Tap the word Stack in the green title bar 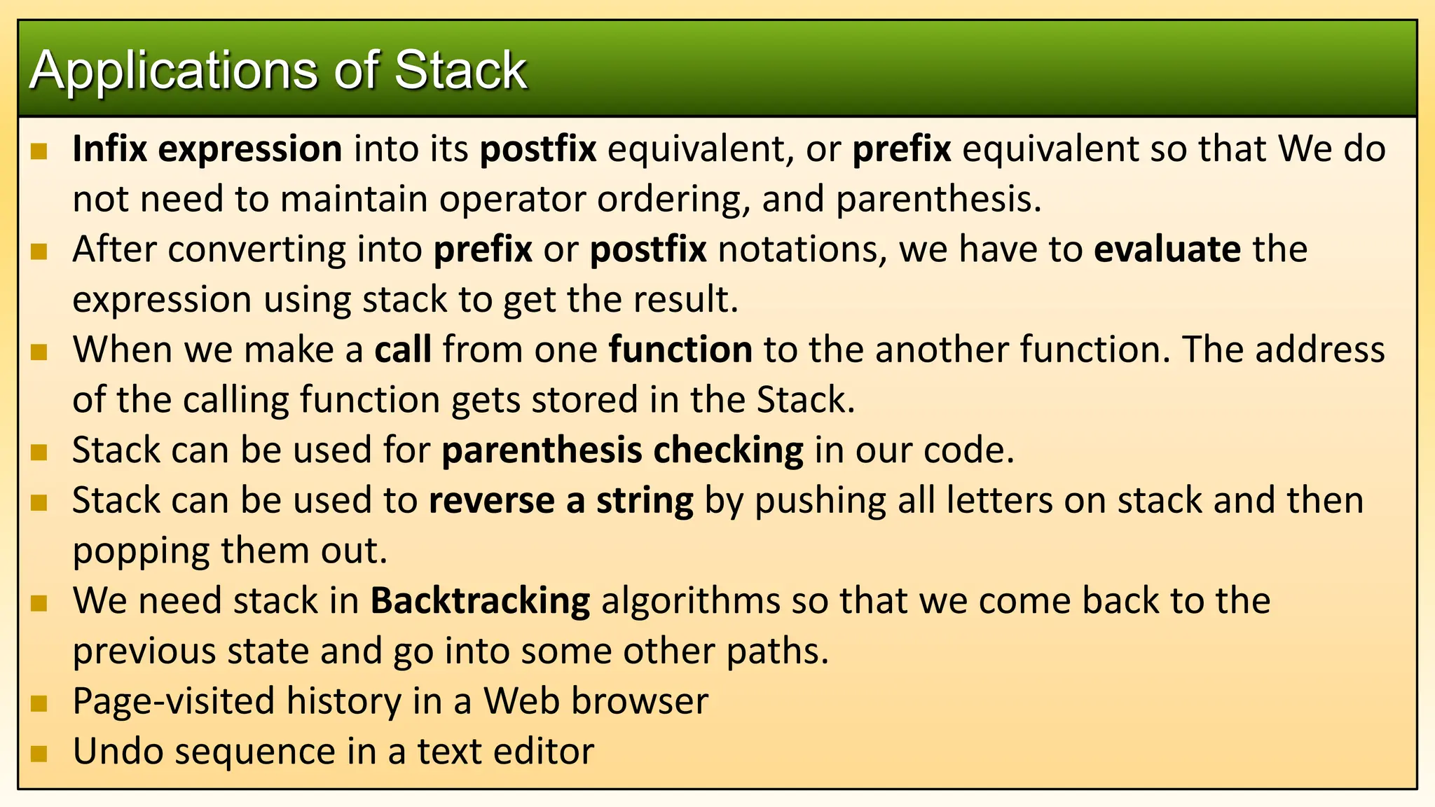tap(460, 70)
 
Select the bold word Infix tap(110, 149)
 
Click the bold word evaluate tap(1167, 249)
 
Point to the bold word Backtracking tap(480, 600)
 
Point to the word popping tap(141, 551)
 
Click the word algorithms tap(690, 600)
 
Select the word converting tap(256, 249)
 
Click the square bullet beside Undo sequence tap(39, 753)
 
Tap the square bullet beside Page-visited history tap(39, 703)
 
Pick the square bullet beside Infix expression tap(39, 151)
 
